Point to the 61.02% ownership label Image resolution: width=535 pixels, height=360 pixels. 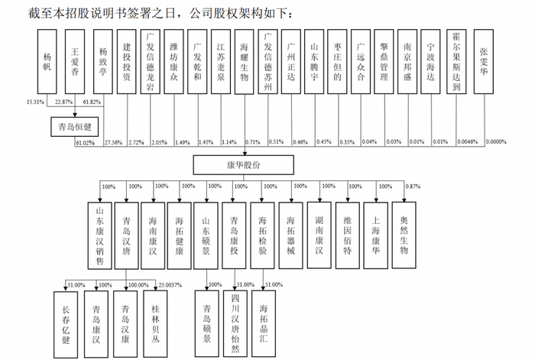(x=85, y=143)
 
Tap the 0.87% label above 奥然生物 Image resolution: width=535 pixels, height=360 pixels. (x=413, y=186)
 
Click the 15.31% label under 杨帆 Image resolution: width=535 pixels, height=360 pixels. (x=36, y=102)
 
